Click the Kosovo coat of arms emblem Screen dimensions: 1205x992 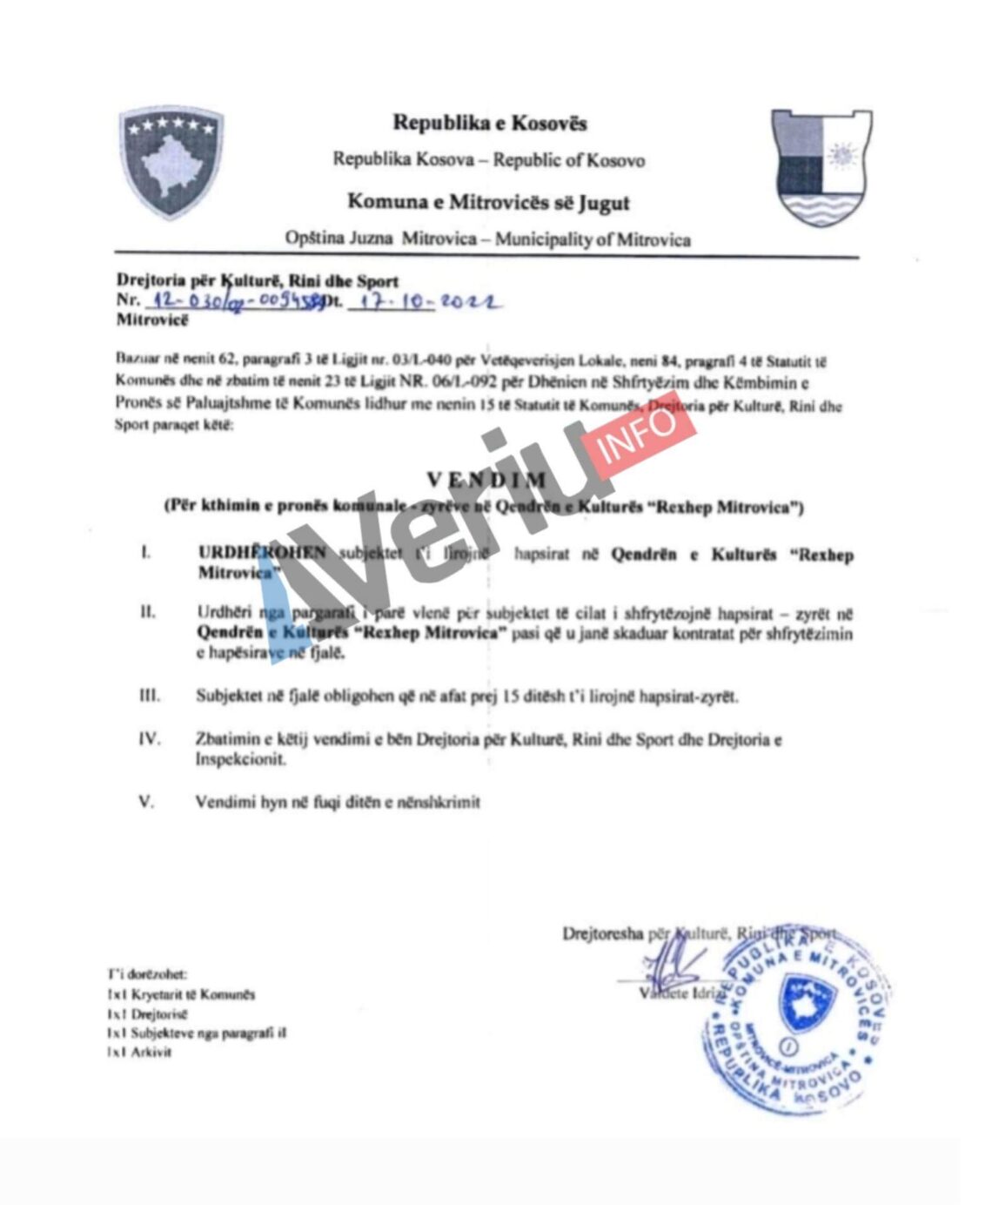(x=171, y=163)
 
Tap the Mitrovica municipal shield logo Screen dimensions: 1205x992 (x=821, y=168)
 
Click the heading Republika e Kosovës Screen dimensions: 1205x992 (x=490, y=123)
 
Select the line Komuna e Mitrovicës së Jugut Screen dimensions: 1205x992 (x=488, y=203)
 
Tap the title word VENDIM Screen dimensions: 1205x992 (x=486, y=480)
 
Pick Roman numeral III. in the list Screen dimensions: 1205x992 (x=150, y=696)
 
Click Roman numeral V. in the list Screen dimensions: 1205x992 (x=146, y=802)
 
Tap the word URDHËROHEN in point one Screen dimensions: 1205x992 (x=262, y=553)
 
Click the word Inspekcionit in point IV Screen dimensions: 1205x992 (x=240, y=759)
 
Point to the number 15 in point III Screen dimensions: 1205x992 (x=513, y=697)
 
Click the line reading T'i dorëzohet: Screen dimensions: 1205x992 (x=147, y=975)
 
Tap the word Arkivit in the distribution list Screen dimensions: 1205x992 (x=151, y=1052)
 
